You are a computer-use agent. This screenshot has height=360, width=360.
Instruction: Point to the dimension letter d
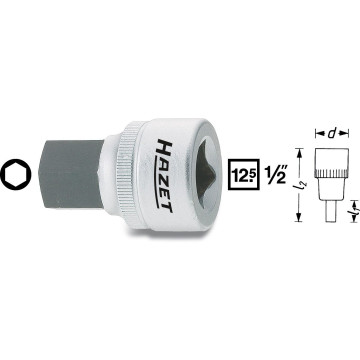[330, 129]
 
